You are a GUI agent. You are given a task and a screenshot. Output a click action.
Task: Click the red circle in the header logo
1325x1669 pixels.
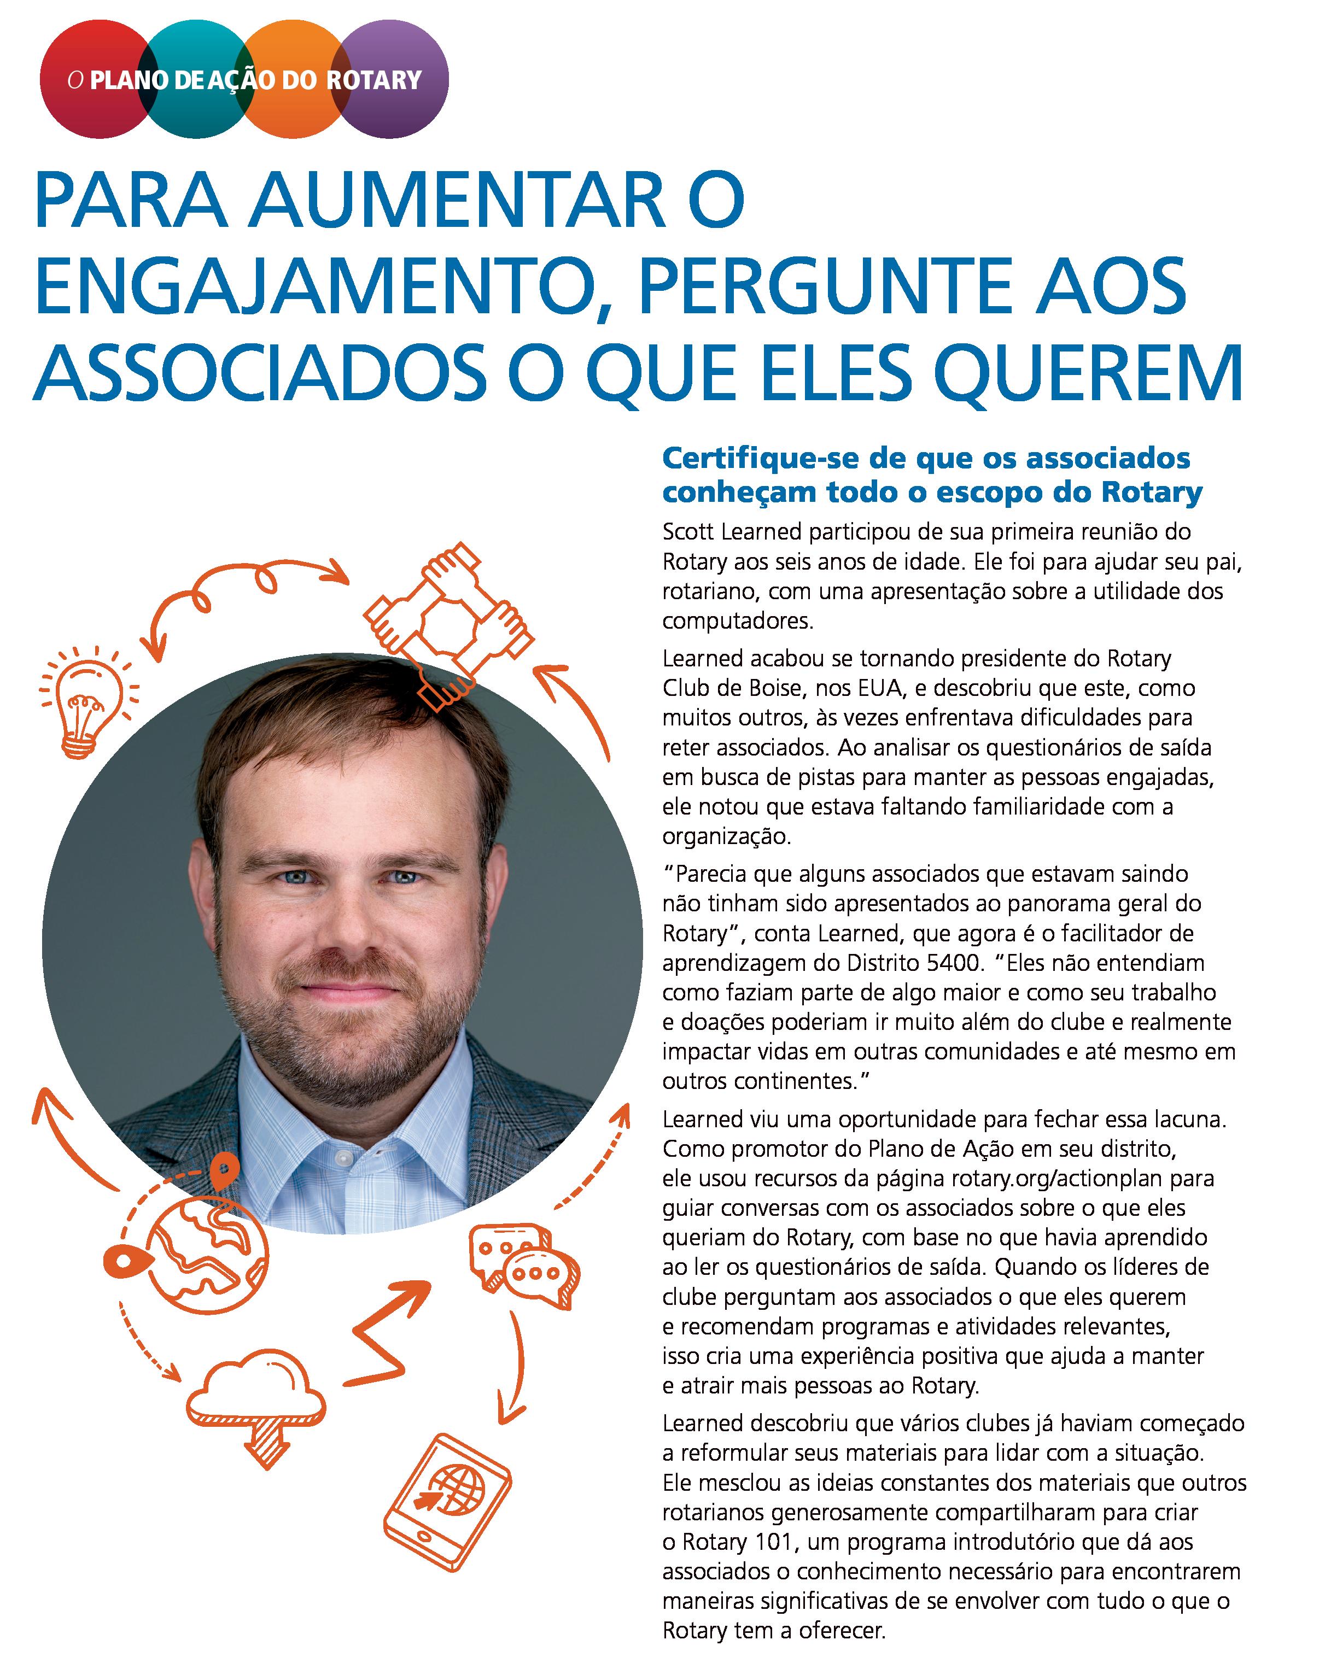tap(85, 78)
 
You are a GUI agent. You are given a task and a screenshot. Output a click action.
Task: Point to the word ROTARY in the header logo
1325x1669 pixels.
tap(374, 80)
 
